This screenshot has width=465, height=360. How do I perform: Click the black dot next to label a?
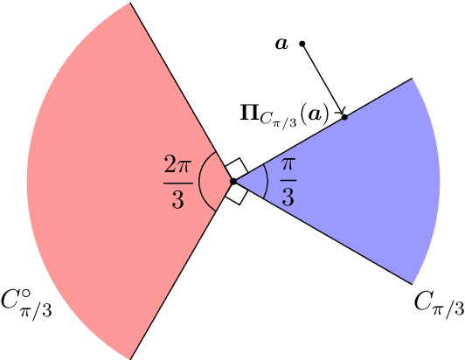tap(302, 44)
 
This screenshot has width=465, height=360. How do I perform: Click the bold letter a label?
tap(281, 43)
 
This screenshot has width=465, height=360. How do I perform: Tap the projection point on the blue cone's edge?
tap(344, 116)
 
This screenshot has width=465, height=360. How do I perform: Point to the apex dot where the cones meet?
tap(233, 181)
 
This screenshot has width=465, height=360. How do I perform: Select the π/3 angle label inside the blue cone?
tap(287, 181)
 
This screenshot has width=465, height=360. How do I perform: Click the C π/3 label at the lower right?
tap(437, 303)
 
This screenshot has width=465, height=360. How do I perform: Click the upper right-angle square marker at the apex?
tap(234, 169)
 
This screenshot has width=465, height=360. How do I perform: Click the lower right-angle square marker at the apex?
tap(234, 193)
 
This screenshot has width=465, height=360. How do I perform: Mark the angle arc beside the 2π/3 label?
tap(200, 181)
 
